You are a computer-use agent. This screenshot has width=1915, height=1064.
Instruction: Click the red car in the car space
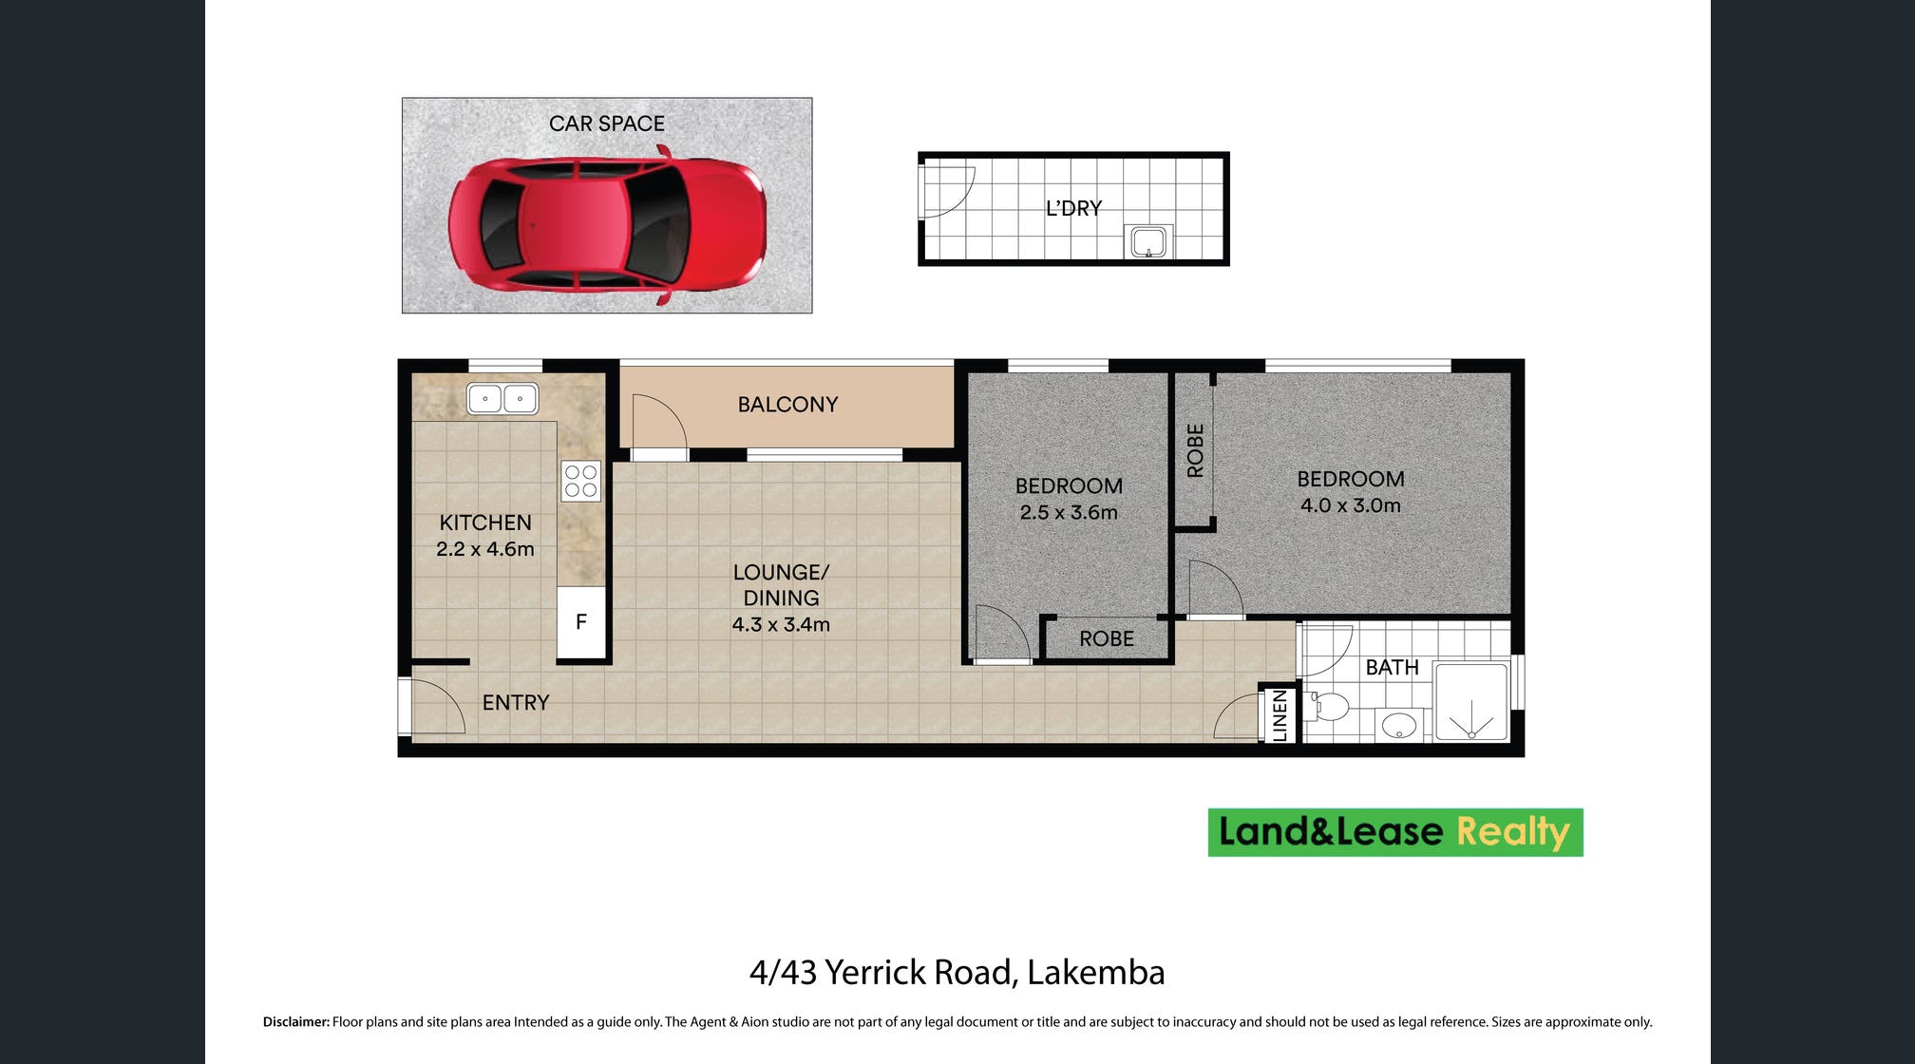(607, 225)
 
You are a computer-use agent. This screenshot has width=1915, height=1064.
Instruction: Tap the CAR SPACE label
(607, 123)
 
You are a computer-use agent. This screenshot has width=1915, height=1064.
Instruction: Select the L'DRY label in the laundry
(1073, 208)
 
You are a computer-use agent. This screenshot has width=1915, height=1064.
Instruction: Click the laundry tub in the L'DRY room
(1148, 241)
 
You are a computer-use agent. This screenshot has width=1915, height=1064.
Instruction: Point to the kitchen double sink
(502, 399)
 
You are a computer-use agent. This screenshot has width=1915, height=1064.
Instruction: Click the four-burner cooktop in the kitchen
(581, 481)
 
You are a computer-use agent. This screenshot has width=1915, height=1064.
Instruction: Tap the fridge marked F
(581, 622)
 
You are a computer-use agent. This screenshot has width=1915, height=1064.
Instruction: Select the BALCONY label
(787, 405)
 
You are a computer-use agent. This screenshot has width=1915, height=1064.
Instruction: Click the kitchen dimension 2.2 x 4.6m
(485, 549)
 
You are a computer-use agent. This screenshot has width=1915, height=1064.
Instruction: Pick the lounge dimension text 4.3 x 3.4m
(781, 625)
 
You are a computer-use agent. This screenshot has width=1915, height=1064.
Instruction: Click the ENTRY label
(516, 703)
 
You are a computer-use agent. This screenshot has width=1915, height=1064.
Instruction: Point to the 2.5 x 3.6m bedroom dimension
(1069, 513)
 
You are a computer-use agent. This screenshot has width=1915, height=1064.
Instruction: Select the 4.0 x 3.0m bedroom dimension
(1351, 505)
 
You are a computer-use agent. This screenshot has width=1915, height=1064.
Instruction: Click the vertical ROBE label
(1196, 450)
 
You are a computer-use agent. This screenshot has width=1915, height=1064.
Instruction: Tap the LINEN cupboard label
(1280, 714)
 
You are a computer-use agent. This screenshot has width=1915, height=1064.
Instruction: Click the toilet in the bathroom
(1330, 707)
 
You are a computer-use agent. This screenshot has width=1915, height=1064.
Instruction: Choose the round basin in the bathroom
(1399, 727)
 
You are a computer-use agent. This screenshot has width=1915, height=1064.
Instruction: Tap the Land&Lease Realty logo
(1395, 832)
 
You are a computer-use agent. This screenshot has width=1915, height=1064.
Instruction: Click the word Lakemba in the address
(1095, 973)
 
